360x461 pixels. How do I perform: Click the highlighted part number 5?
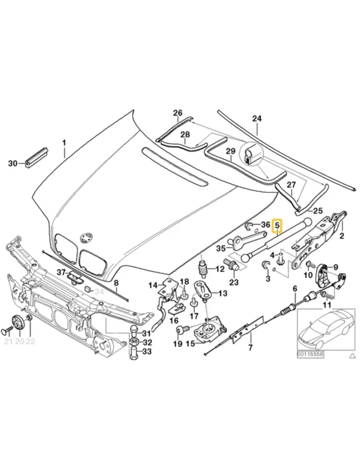coord(277,226)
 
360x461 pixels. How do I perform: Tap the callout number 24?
coord(257,118)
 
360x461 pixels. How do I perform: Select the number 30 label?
coord(13,163)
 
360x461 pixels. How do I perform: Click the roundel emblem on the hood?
coord(86,238)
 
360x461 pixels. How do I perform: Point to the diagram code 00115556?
coord(310,354)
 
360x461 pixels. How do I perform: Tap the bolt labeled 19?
coord(180,331)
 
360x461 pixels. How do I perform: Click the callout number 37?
coord(61,272)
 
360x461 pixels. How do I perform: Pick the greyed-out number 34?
coord(99,292)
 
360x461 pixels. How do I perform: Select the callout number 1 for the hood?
coord(64,143)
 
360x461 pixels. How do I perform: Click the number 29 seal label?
coord(231,151)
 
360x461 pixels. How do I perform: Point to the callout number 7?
coord(250,348)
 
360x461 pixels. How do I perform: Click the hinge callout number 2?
coord(342,235)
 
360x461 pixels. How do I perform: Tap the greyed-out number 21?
coord(8,341)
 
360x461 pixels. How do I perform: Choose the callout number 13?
coord(223,293)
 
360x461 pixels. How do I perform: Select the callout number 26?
coord(177,113)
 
